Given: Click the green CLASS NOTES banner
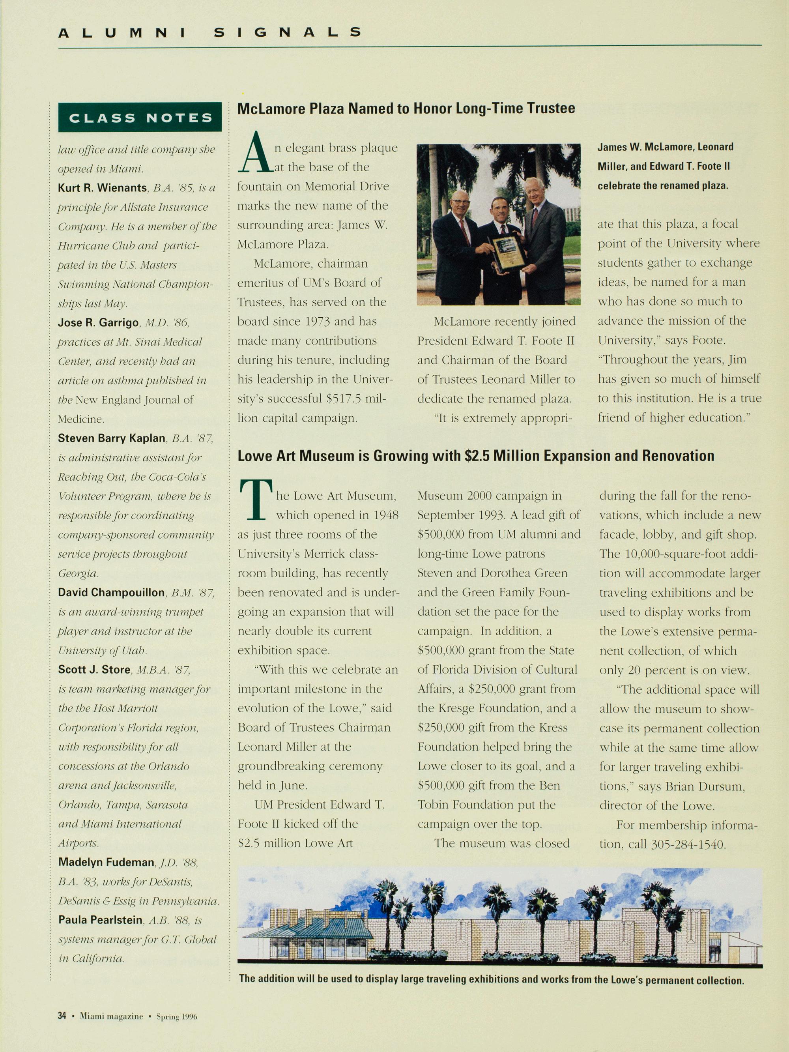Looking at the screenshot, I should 140,118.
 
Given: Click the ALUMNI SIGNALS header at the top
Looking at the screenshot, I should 209,32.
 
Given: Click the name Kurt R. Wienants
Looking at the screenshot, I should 102,188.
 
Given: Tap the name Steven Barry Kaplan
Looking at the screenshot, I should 112,438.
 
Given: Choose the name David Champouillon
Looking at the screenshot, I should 111,593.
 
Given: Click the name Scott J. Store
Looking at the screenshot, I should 94,670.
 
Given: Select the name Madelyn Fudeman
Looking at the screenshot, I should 106,862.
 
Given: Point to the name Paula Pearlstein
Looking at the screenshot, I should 100,920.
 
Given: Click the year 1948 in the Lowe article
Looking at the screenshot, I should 384,515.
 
